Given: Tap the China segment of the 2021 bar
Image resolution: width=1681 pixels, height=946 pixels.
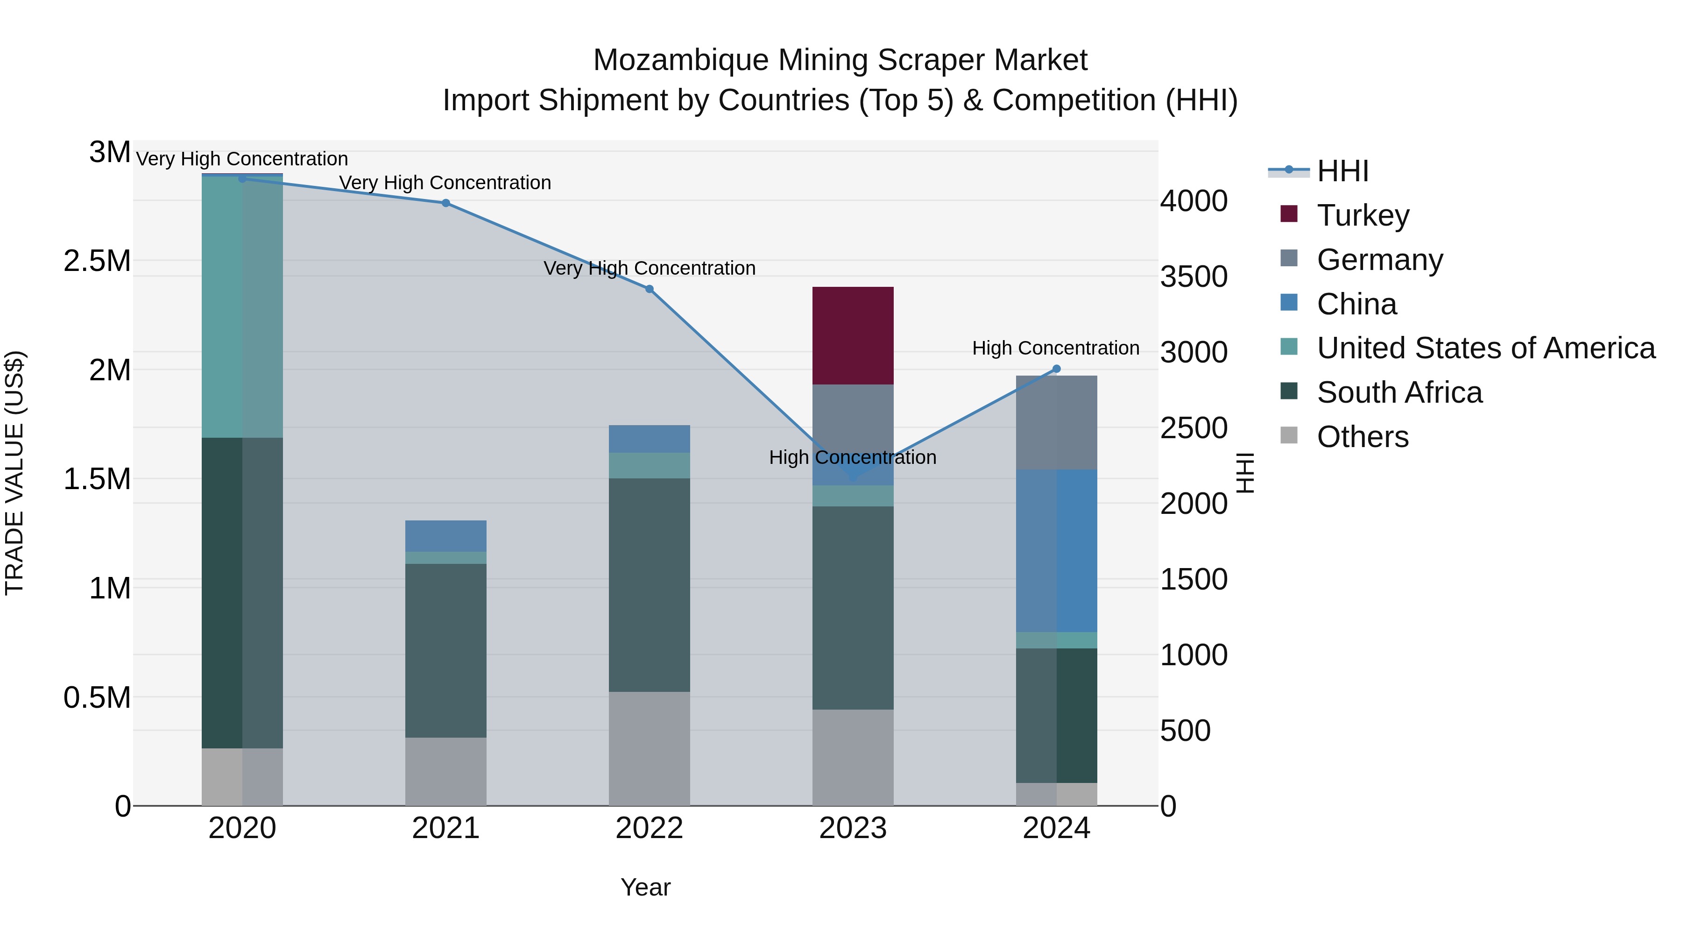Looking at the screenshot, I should coord(446,535).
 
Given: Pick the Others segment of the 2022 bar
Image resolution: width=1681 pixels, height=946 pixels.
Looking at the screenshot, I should coord(650,748).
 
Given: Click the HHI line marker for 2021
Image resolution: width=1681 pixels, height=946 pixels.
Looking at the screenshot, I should coord(446,203).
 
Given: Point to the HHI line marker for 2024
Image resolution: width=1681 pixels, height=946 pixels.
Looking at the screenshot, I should coord(1057,369).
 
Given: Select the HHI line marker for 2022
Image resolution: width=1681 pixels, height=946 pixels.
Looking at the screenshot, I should coord(650,289).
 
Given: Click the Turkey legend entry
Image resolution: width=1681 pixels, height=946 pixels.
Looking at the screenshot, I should coord(1363,215).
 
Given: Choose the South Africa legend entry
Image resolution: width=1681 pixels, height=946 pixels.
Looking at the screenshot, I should coord(1399,392).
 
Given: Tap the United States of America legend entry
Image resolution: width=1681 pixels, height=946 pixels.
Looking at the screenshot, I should coord(1485,348).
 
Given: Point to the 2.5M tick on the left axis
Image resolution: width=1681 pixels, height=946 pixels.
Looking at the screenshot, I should coord(97,261).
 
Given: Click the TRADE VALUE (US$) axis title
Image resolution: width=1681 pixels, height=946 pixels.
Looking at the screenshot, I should coord(14,473).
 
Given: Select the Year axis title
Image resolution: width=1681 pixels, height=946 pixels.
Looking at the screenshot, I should coord(645,887).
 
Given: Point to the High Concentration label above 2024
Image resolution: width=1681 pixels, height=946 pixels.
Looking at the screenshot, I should coord(1055,348).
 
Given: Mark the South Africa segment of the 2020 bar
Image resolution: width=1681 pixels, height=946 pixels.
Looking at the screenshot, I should coord(242,592).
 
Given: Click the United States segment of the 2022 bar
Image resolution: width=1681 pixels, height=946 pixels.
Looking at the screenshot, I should coord(650,465).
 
